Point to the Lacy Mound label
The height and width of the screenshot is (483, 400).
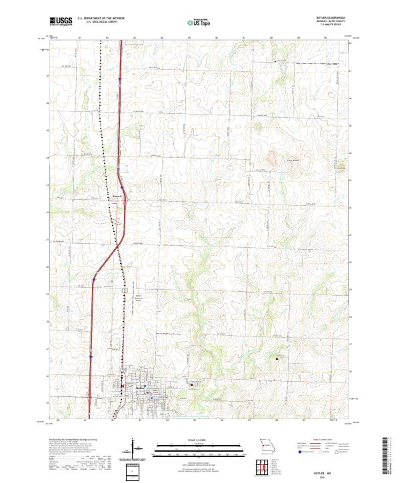(291, 160)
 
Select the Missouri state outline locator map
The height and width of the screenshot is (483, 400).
(267, 444)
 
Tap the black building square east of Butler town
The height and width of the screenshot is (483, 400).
(192, 383)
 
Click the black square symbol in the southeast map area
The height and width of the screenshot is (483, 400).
(277, 358)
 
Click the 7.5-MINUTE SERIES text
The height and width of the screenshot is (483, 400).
(337, 27)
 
